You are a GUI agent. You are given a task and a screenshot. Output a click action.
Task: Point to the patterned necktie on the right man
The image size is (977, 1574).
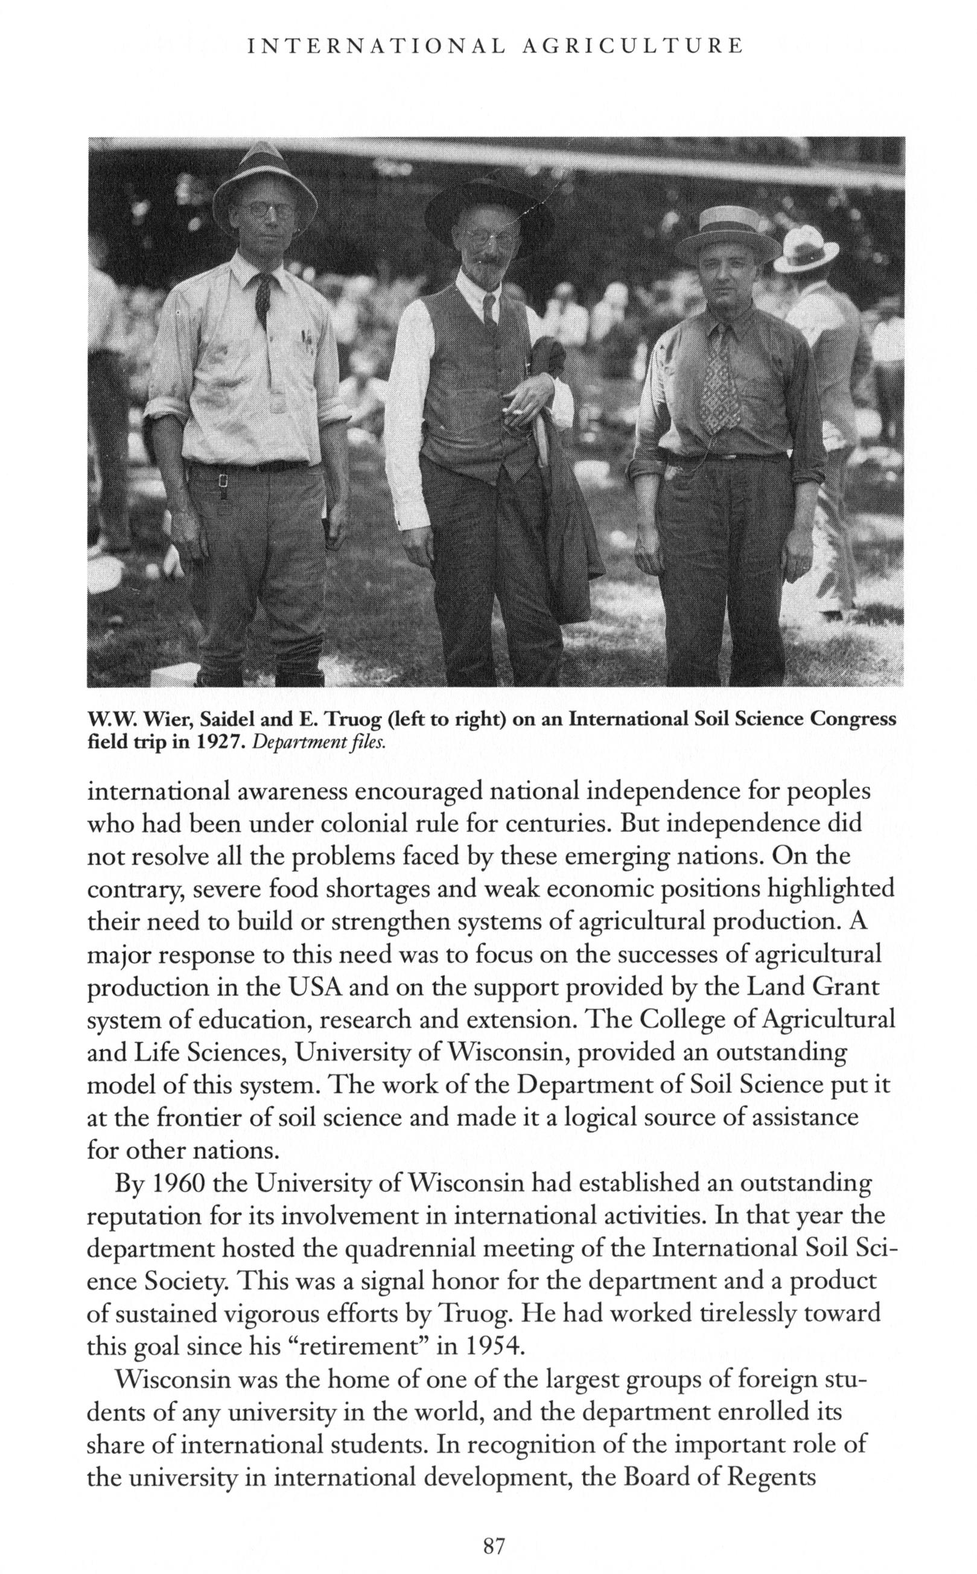(x=720, y=382)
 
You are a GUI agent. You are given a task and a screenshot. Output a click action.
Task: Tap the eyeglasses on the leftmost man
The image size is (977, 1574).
(x=266, y=210)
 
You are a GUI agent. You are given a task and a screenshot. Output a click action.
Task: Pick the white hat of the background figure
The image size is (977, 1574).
(x=806, y=248)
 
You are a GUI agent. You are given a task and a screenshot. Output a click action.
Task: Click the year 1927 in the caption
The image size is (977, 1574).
(x=219, y=742)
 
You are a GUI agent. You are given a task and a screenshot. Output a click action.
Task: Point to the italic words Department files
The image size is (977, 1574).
(x=319, y=742)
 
